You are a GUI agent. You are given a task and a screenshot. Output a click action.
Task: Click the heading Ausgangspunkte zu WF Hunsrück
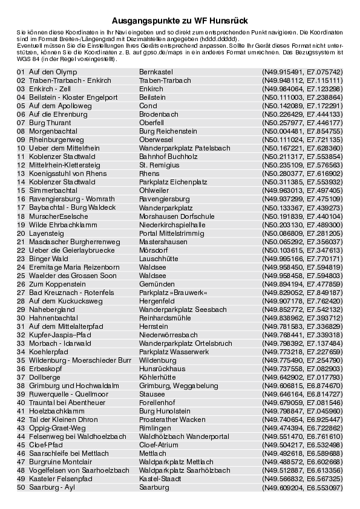180,20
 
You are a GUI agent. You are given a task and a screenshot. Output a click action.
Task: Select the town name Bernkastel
155,71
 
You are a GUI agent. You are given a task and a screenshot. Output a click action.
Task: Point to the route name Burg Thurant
50,122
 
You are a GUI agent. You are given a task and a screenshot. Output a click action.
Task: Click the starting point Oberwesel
155,139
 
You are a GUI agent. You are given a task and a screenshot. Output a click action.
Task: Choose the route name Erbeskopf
45,368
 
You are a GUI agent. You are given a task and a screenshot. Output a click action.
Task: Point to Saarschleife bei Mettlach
67,453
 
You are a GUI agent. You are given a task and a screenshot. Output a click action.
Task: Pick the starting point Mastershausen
163,241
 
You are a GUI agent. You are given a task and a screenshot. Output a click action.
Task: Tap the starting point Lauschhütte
158,258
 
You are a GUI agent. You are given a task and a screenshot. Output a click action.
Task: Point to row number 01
21,71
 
